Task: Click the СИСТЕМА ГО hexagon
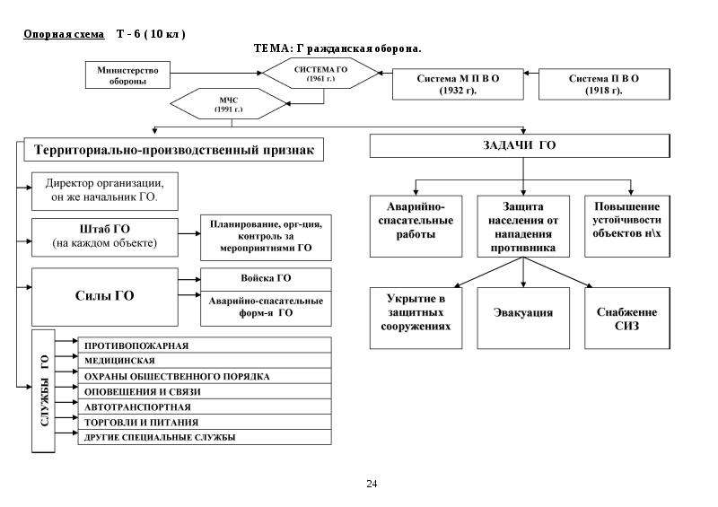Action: click(x=320, y=74)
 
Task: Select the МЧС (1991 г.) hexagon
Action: click(x=228, y=104)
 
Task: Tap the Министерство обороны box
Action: click(x=127, y=75)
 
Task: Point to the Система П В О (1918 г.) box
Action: click(x=604, y=84)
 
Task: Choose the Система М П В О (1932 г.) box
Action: click(x=458, y=84)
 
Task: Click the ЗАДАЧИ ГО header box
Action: click(x=520, y=145)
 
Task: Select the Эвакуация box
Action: click(x=523, y=319)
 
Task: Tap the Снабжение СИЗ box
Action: click(x=627, y=319)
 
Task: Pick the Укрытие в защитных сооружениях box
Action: click(x=416, y=319)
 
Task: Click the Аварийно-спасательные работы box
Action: click(x=416, y=226)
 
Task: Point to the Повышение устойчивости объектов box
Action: click(x=627, y=226)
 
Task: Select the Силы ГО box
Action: click(x=105, y=297)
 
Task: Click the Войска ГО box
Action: click(x=266, y=279)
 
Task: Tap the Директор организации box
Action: click(x=105, y=191)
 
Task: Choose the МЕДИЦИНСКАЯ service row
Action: click(x=205, y=361)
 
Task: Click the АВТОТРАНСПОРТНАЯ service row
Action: click(x=205, y=406)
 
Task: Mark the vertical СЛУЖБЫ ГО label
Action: click(x=43, y=390)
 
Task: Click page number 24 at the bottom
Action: click(x=372, y=484)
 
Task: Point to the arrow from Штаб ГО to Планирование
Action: click(x=189, y=233)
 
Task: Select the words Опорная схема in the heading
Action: click(x=64, y=34)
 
